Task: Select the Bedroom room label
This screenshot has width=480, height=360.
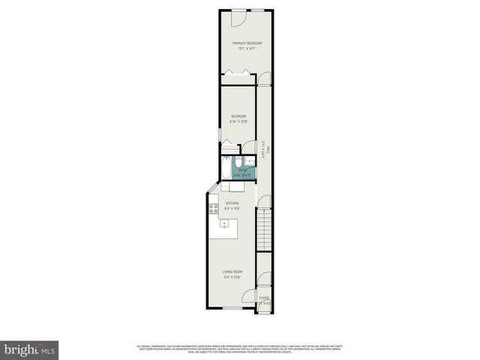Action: click(238, 115)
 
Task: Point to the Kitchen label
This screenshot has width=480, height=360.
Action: click(232, 202)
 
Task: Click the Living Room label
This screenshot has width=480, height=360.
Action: click(232, 271)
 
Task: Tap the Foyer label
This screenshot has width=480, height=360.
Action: click(263, 298)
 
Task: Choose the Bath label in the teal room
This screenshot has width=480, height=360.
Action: click(241, 170)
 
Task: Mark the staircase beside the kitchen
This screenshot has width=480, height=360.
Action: click(263, 229)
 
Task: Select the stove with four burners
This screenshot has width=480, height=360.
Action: click(214, 208)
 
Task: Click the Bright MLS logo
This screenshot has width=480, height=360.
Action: click(30, 349)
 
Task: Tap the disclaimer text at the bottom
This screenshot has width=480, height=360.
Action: click(240, 349)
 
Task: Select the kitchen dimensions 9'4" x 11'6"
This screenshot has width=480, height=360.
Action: click(232, 208)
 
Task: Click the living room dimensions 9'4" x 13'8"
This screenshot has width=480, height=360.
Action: click(232, 277)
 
